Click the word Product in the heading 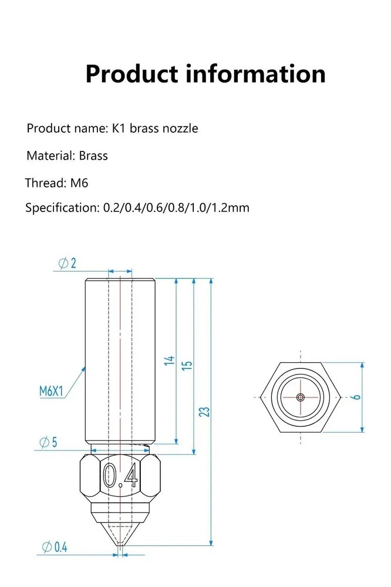point(132,74)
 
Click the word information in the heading point(256,74)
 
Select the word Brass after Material point(93,156)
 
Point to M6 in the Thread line point(79,183)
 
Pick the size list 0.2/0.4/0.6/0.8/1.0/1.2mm point(176,208)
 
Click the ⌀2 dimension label point(68,263)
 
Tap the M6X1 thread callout point(51,391)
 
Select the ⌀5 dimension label point(49,442)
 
